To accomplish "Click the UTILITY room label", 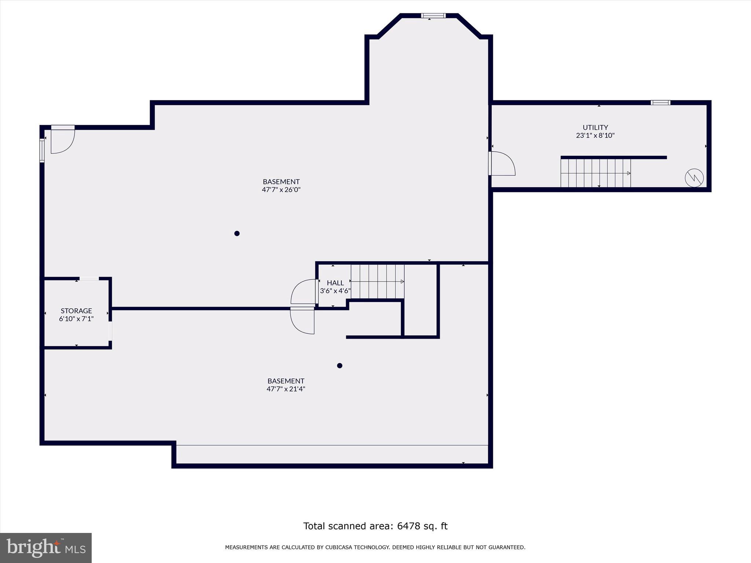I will pyautogui.click(x=595, y=127).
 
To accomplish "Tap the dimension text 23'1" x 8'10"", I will pyautogui.click(x=595, y=135).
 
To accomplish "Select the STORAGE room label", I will pyautogui.click(x=76, y=310).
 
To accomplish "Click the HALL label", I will pyautogui.click(x=335, y=283).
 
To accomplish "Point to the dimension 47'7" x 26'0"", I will pyautogui.click(x=281, y=189).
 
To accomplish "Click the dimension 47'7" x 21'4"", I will pyautogui.click(x=286, y=389).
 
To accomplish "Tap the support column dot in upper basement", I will pyautogui.click(x=237, y=233).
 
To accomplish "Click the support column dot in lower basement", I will pyautogui.click(x=340, y=365).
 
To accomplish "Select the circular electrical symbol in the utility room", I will pyautogui.click(x=694, y=178).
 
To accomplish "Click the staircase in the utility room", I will pyautogui.click(x=595, y=173).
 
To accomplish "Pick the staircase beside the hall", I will pyautogui.click(x=377, y=281).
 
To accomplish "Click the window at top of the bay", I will pyautogui.click(x=433, y=16).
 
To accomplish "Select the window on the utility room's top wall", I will pyautogui.click(x=660, y=103).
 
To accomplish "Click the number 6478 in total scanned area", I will pyautogui.click(x=407, y=526).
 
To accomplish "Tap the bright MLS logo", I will pyautogui.click(x=46, y=548).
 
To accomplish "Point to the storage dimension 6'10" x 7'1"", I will pyautogui.click(x=76, y=319).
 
